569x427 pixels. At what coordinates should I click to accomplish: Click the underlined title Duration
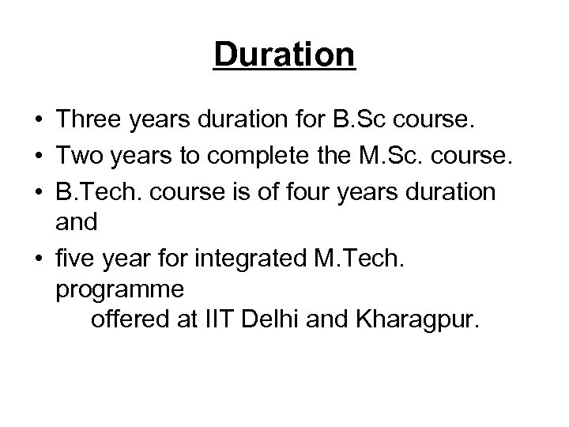pyautogui.click(x=284, y=56)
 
